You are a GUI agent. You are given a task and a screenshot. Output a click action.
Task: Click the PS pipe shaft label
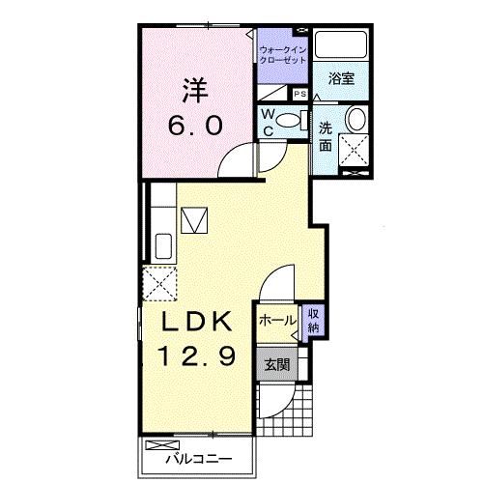(x=300, y=94)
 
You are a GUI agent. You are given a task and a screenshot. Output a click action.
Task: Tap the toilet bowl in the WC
(x=288, y=121)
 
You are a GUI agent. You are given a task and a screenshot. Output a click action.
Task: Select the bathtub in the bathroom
(x=341, y=44)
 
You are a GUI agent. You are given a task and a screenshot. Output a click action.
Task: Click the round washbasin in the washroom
(x=355, y=119)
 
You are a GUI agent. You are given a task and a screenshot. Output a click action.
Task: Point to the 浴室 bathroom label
(x=342, y=78)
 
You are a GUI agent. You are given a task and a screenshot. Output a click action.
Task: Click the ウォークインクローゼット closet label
(x=283, y=55)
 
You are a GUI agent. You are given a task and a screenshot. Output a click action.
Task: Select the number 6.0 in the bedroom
(x=195, y=126)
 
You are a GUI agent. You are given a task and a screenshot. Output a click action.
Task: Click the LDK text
(x=197, y=322)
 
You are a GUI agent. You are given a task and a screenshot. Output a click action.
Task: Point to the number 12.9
(x=197, y=355)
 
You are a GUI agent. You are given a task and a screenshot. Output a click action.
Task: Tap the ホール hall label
(x=277, y=321)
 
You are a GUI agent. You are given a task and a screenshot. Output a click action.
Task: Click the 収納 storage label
(x=313, y=320)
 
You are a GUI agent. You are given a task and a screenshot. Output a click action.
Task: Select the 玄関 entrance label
(x=277, y=365)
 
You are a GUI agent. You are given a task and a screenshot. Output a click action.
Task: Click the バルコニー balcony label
(x=199, y=459)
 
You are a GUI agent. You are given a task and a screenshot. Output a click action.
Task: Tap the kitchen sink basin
(x=163, y=246)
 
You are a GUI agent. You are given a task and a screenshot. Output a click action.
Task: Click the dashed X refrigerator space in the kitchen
(x=159, y=283)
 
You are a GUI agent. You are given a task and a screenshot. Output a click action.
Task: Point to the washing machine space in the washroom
(x=354, y=151)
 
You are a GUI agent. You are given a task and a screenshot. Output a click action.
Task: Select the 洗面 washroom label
(x=326, y=137)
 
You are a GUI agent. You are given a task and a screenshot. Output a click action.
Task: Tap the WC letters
(x=268, y=123)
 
